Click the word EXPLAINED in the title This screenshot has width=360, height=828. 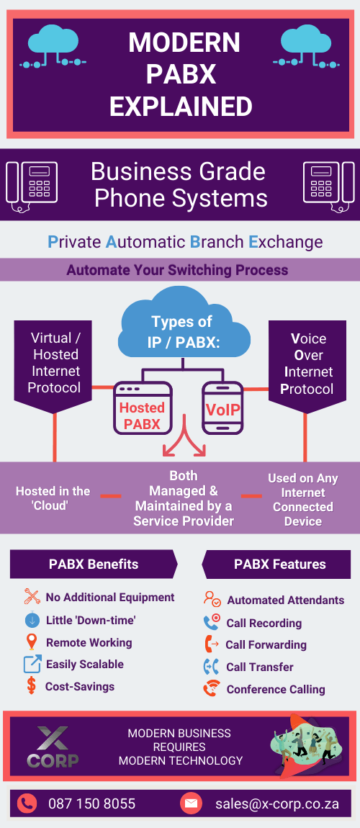pyautogui.click(x=181, y=107)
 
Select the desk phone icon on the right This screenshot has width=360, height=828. pyautogui.click(x=328, y=184)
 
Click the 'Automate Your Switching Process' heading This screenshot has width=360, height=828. pyautogui.click(x=177, y=271)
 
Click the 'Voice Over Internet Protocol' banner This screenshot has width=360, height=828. pyautogui.click(x=307, y=363)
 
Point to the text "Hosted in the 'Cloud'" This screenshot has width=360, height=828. pyautogui.click(x=53, y=498)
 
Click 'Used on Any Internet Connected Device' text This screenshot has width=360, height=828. pyautogui.click(x=302, y=499)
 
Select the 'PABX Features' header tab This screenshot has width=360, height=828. pyautogui.click(x=279, y=564)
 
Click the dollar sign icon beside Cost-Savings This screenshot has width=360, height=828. pyautogui.click(x=32, y=686)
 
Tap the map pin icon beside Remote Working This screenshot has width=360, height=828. pyautogui.click(x=32, y=642)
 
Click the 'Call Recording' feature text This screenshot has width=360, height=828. pyautogui.click(x=264, y=623)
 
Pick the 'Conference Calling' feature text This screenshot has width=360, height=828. pyautogui.click(x=275, y=689)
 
